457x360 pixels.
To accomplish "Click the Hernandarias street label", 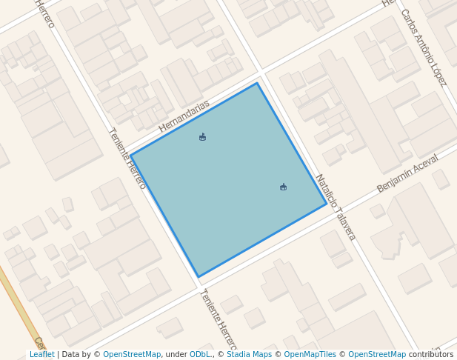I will pos(184,116).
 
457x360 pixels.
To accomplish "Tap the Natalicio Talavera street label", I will pos(336,207).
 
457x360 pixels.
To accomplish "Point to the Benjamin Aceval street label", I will pos(407,173).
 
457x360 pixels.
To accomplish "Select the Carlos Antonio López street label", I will pos(423,47).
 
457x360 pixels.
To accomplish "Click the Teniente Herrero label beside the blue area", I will pos(127,158).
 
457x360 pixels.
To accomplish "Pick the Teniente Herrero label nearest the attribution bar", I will pos(217,320).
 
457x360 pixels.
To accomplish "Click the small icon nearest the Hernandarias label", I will pos(202,137).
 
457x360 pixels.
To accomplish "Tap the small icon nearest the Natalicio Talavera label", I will pos(283,187).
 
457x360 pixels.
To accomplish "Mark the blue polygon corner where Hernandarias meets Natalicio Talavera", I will pos(257,83).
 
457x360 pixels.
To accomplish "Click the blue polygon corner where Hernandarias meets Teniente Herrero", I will pos(130,156).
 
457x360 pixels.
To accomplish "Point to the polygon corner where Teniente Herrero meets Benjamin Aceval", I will pos(199,277).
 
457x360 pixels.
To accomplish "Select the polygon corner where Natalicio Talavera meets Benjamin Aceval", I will pos(327,204).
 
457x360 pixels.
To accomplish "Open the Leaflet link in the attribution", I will pos(41,354).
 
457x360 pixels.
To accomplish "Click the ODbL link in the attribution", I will pos(200,354).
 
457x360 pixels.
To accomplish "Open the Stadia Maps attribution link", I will pos(249,354).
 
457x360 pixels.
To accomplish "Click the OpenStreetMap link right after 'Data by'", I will pos(132,354).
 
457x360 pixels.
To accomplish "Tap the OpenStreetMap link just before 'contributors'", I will pos(377,354).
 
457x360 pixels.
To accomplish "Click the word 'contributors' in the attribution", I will pos(431,354).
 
